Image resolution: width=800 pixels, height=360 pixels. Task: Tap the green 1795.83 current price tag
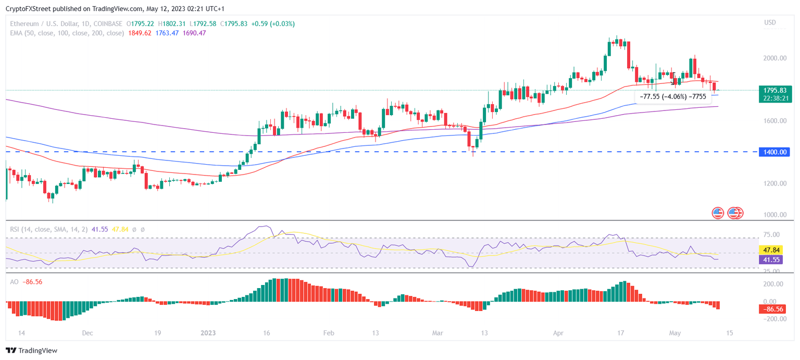775,90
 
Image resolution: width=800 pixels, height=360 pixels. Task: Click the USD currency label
769,22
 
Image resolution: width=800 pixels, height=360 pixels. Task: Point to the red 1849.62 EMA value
139,33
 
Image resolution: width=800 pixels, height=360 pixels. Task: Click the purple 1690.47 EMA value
194,33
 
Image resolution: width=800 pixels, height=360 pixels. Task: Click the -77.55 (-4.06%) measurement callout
672,96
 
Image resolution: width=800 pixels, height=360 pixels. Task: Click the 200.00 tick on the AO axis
772,284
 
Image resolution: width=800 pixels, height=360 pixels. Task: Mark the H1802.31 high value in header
172,23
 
